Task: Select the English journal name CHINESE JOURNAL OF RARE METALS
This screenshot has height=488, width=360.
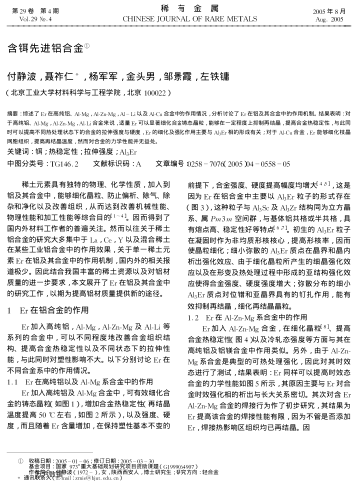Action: [x=179, y=19]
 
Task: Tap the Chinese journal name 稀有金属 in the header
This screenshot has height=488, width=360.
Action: [x=179, y=8]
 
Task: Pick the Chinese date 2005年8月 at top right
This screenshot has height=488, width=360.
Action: [x=333, y=8]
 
